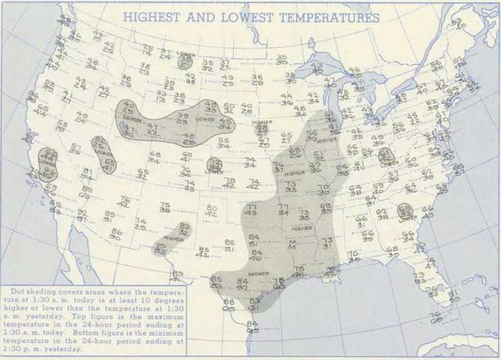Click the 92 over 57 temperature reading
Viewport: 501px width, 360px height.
[82, 216]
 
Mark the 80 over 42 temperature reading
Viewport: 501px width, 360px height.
[211, 211]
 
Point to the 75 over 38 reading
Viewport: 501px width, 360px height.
[165, 208]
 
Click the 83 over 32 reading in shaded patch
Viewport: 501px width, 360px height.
[184, 229]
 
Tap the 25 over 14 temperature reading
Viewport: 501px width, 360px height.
[148, 50]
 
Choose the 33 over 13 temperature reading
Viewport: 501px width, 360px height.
[161, 96]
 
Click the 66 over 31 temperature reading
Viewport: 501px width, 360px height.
[362, 222]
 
